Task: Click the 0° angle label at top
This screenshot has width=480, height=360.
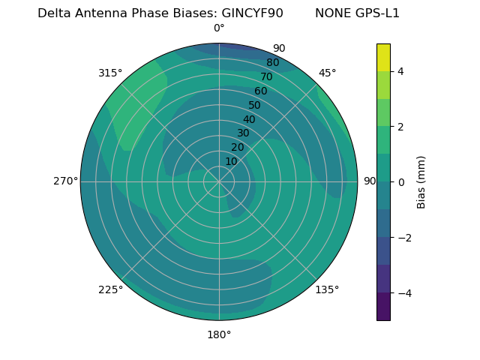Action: point(219,28)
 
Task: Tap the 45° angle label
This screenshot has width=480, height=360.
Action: point(327,73)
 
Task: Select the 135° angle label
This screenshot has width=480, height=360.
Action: point(327,289)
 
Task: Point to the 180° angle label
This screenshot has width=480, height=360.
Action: point(219,334)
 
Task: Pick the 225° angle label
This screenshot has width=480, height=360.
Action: point(110,289)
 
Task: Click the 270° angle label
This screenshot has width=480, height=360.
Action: point(65,181)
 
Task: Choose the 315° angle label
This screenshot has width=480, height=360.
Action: point(110,73)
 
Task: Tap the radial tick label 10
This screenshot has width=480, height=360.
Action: point(231,161)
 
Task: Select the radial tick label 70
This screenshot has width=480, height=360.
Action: point(266,76)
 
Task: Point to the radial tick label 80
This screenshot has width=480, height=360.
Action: point(272,63)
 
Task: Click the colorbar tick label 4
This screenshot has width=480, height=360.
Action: point(400,71)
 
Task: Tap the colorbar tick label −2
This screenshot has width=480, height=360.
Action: point(403,238)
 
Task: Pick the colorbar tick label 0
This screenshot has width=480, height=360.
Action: point(400,182)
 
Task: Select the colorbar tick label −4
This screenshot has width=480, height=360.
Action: point(403,293)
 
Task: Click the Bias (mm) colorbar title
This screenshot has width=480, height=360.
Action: point(421,181)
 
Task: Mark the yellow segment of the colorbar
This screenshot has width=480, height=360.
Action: point(383,57)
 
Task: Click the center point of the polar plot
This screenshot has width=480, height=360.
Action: point(219,181)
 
